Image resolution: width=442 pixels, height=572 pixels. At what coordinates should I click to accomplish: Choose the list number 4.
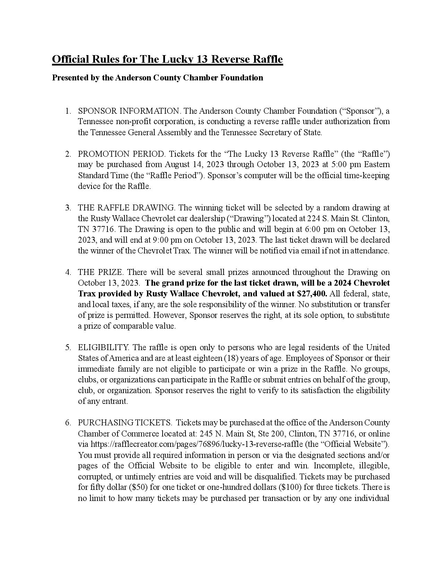click(68, 272)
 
